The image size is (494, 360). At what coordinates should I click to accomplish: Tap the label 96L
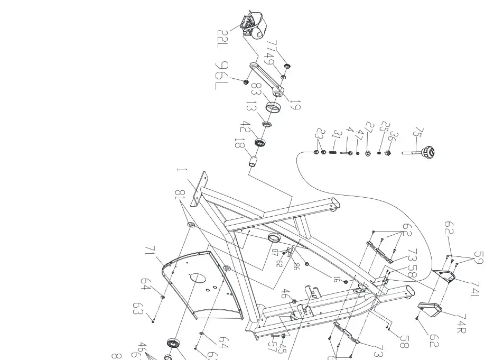pyautogui.click(x=221, y=76)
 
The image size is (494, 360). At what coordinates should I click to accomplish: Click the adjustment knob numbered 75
pyautogui.click(x=428, y=153)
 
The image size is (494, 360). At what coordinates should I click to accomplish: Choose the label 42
pyautogui.click(x=245, y=128)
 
